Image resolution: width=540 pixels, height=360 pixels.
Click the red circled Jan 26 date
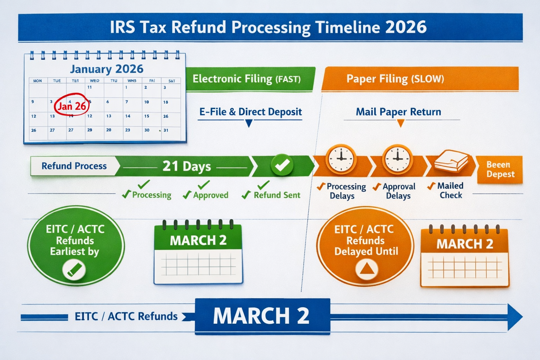coord(72,106)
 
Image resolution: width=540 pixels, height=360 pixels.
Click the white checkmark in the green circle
coord(282,165)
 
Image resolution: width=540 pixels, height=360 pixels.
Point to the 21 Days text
coord(187,166)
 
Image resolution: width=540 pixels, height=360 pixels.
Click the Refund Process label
coord(74,166)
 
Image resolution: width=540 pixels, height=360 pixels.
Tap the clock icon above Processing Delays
coord(341,159)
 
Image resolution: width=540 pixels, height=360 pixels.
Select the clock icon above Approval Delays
coord(398,159)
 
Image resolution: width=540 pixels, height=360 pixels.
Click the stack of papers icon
coord(451,161)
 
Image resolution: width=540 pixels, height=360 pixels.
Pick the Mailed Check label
coord(450,190)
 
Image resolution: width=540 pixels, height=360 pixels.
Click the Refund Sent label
coord(277,195)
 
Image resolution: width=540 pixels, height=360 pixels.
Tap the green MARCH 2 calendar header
coord(198,240)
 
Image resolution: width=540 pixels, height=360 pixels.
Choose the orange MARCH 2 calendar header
coord(464,244)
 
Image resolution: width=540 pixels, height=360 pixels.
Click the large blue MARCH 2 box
coord(262,316)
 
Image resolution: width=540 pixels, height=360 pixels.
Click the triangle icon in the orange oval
coord(367,270)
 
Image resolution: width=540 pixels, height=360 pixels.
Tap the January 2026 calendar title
coord(107,69)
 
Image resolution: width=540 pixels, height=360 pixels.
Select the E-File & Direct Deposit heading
coord(250,112)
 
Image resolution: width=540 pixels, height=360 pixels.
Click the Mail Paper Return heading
coord(398,112)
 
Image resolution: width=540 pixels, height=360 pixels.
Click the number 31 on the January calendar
coord(166,130)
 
